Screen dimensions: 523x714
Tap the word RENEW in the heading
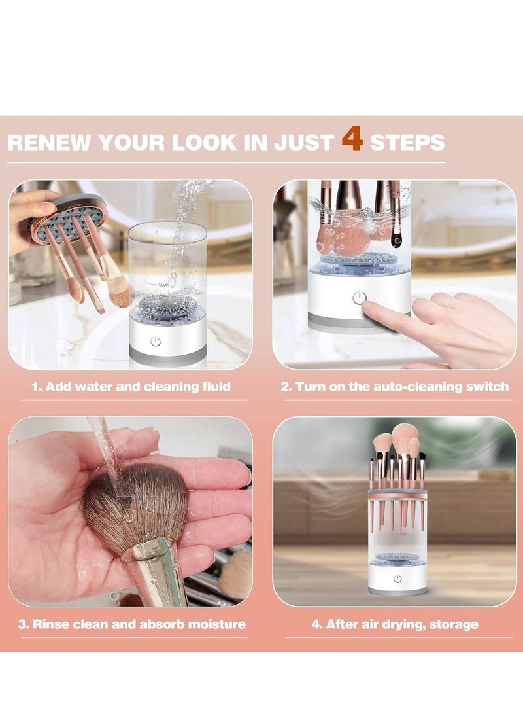(49, 143)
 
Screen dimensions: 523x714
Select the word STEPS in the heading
(407, 143)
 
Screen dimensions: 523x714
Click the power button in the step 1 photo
(156, 341)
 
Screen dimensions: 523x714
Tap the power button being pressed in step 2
(360, 298)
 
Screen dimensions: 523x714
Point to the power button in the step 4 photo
(397, 579)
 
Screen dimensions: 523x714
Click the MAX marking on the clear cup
(162, 285)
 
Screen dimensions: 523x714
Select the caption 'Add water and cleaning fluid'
(138, 387)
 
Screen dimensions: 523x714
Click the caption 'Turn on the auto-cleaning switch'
(402, 387)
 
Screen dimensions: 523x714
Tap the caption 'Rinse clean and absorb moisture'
(139, 624)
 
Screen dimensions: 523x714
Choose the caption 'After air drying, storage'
(401, 624)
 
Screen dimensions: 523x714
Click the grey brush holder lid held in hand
(68, 218)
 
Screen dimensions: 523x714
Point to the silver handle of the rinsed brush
(156, 571)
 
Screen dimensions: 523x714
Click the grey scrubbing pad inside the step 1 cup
(167, 305)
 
